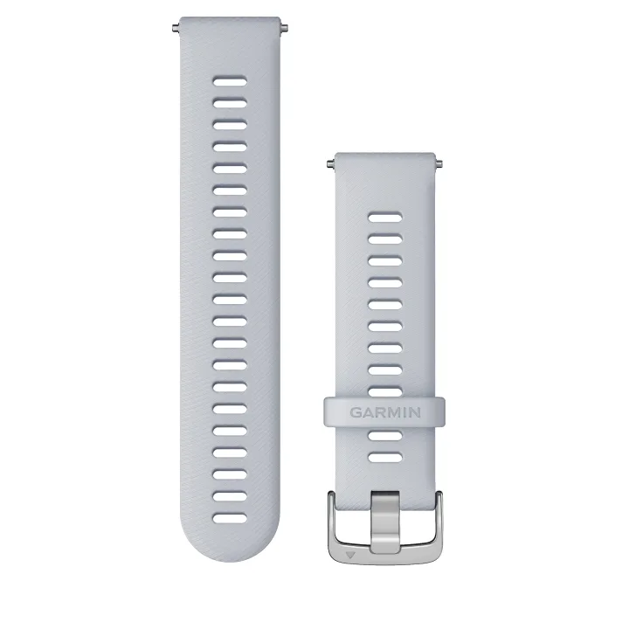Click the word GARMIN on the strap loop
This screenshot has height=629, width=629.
(385, 411)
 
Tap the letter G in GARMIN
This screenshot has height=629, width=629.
(356, 411)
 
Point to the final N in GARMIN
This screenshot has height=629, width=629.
(414, 411)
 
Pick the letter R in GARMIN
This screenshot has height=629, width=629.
(378, 411)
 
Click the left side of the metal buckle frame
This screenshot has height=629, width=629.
(335, 524)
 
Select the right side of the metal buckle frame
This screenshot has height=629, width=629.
(436, 524)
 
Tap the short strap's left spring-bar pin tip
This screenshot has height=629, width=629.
(329, 162)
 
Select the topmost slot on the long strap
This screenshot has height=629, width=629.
(230, 80)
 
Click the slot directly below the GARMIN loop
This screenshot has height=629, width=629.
(385, 435)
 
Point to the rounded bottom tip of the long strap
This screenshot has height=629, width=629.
(230, 558)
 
